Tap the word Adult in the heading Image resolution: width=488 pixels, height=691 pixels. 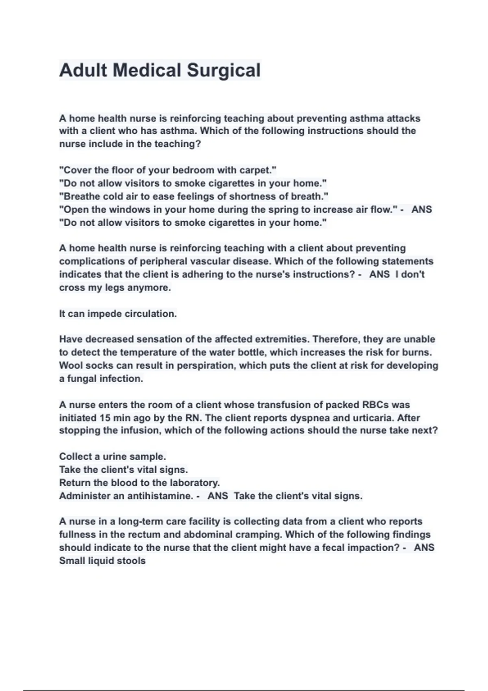(83, 70)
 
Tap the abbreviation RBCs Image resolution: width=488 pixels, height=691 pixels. (370, 405)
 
